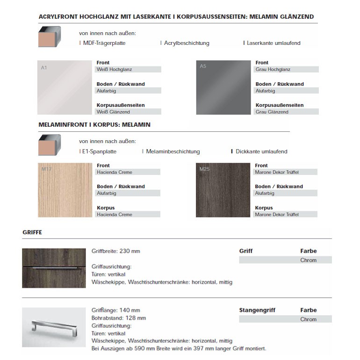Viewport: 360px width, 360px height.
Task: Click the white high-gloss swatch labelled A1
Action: (x=65, y=87)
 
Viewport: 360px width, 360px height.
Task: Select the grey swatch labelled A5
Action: (x=223, y=87)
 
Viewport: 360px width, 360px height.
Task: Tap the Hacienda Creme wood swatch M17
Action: (x=65, y=190)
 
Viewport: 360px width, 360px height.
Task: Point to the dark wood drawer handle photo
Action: (x=54, y=268)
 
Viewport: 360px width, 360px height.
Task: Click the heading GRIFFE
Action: (x=32, y=232)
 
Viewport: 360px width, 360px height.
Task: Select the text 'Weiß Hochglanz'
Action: (x=115, y=69)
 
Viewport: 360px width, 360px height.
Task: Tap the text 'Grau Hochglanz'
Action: (x=273, y=69)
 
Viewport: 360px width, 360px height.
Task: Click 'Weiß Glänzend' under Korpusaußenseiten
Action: (x=114, y=112)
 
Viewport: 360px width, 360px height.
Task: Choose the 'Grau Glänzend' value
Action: (x=272, y=112)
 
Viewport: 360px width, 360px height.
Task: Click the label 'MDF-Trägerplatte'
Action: (x=104, y=43)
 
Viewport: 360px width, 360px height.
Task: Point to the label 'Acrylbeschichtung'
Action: (x=187, y=43)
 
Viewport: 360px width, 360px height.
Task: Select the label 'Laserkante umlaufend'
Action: (x=274, y=43)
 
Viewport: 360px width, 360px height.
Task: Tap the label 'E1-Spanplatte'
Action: (x=100, y=151)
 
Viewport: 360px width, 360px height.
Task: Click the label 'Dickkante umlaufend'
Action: (x=261, y=151)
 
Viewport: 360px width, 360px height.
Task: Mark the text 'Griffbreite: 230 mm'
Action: (x=116, y=251)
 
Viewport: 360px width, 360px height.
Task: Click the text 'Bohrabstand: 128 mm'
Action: (x=119, y=318)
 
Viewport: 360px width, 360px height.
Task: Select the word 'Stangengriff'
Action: (x=257, y=310)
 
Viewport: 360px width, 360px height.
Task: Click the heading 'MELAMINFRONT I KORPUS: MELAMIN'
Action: (x=94, y=125)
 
